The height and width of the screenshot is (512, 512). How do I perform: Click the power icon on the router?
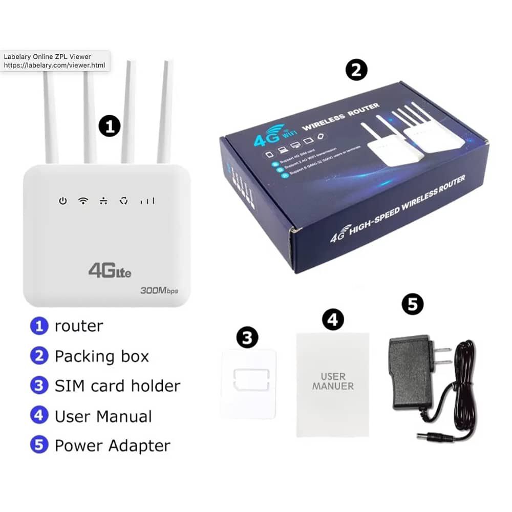point(62,201)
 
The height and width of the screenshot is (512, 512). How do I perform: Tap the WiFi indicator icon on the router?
point(83,201)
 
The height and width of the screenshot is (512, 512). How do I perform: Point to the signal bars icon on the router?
point(147,201)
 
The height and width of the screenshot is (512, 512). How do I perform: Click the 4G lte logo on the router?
point(110,270)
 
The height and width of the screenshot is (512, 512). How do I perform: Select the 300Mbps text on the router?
point(159,291)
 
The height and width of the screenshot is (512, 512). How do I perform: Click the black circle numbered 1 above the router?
point(109,126)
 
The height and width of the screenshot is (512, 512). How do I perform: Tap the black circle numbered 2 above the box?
point(356,70)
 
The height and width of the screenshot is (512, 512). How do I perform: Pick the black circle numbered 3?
point(247,337)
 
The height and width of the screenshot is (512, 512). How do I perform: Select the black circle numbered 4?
point(333,319)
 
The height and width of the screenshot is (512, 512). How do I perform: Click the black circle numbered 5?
point(413,304)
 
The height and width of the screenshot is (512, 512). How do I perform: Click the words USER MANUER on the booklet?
point(333,381)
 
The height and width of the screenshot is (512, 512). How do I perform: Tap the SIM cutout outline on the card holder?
point(251,380)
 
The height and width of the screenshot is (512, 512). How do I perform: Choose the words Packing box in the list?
point(101,356)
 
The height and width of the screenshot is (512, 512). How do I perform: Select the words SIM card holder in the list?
point(117,386)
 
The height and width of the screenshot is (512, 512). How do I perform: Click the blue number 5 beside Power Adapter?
point(39,445)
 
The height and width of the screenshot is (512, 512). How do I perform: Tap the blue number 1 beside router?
point(39,326)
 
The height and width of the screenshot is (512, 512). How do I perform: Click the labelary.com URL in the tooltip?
point(54,66)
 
